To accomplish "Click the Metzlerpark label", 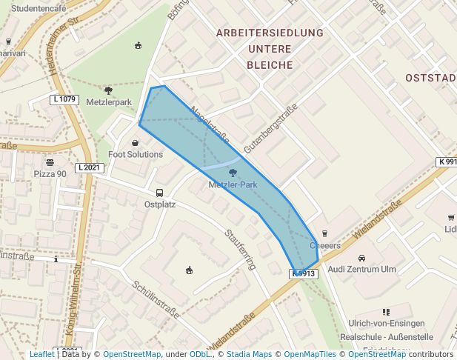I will (x=109, y=102).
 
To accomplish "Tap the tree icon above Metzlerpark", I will (x=109, y=90).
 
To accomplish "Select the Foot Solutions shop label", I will (x=136, y=154).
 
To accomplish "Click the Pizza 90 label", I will (x=50, y=173).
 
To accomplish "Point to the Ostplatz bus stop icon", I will (x=160, y=193).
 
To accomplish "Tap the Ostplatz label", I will (x=160, y=204).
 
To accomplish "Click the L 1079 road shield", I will (x=64, y=99).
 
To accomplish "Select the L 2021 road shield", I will (x=87, y=168).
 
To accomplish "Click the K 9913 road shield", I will (x=304, y=273).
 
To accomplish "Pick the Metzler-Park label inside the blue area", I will (x=233, y=184).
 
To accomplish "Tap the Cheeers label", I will (x=324, y=245).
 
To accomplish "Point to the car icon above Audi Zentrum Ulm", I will (x=361, y=258).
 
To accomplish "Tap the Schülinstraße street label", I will (x=156, y=299).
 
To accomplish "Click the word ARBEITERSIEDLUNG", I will (x=270, y=33).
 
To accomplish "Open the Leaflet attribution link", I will (x=41, y=355).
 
